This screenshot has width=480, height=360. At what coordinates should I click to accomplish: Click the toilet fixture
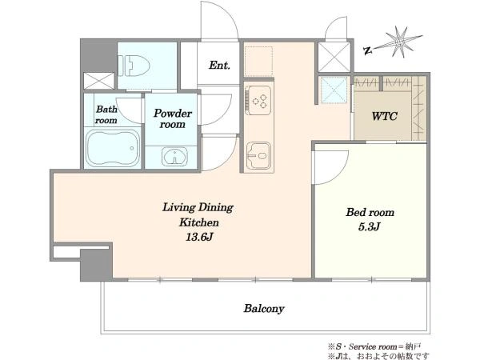click(134, 66)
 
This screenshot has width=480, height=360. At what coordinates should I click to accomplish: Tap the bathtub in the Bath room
click(113, 148)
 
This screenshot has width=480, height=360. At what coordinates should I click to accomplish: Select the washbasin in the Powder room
click(174, 156)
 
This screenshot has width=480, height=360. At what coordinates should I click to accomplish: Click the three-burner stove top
click(258, 100)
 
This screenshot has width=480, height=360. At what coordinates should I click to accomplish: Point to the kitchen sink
click(258, 155)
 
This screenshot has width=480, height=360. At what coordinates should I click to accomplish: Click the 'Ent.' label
click(219, 66)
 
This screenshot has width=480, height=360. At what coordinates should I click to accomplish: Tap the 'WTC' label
click(385, 116)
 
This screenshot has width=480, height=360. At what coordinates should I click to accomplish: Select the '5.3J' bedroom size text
click(369, 227)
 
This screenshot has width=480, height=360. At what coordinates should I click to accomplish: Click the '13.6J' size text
click(199, 237)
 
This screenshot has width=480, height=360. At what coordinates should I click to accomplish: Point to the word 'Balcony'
click(264, 308)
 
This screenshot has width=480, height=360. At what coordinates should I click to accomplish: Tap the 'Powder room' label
click(173, 118)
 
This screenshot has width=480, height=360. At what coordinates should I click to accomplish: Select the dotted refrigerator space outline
click(258, 62)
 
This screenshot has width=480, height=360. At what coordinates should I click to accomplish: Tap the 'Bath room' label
click(106, 114)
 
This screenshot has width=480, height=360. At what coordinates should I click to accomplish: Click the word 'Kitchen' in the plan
click(199, 222)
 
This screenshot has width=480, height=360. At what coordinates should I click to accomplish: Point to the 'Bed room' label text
click(370, 212)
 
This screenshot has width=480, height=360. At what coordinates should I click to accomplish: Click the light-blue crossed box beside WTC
click(334, 90)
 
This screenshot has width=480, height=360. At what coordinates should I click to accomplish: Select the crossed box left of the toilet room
click(99, 81)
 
